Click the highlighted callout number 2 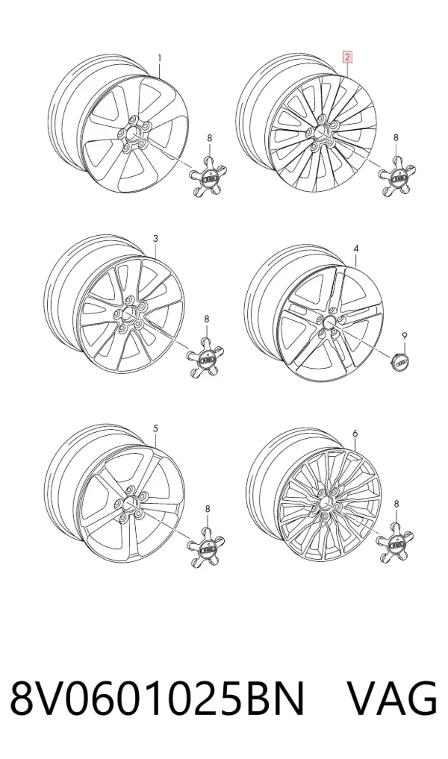(x=347, y=57)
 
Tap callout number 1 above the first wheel (x=159, y=58)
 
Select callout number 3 (x=155, y=239)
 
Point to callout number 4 (x=356, y=249)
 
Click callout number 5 (x=155, y=428)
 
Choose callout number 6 (x=355, y=434)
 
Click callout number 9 (x=405, y=335)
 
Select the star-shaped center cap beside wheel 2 (x=397, y=177)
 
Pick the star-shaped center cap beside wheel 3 (x=206, y=358)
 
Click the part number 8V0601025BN (x=158, y=699)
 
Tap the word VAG (x=393, y=699)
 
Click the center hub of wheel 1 (x=134, y=134)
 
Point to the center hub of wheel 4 (x=330, y=322)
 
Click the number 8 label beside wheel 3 (x=206, y=319)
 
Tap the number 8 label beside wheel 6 (x=396, y=505)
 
